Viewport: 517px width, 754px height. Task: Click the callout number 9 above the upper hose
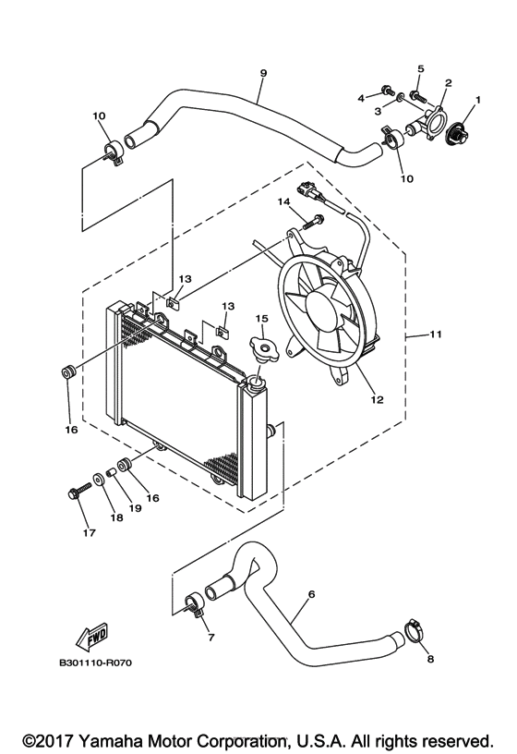(x=263, y=73)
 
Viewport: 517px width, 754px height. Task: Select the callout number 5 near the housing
(x=420, y=69)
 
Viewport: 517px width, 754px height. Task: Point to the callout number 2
(x=447, y=83)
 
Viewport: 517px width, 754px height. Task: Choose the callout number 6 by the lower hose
(x=311, y=593)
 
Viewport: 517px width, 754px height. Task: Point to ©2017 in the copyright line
(x=48, y=740)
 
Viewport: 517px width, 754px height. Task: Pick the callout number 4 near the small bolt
(x=360, y=96)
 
